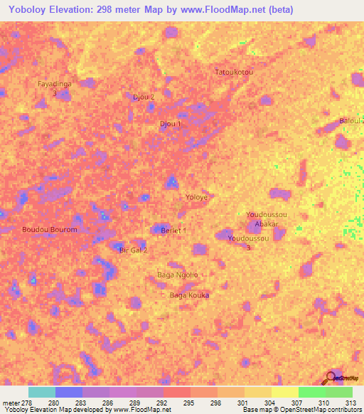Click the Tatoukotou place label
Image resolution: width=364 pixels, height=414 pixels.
234,73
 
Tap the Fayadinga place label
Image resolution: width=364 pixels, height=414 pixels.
54,84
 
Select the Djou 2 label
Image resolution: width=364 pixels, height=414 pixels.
144,97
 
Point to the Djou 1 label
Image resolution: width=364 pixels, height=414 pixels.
171,124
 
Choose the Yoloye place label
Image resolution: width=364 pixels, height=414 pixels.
196,197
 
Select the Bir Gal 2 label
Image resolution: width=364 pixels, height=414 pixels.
133,250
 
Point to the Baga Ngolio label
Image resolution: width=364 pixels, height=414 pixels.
177,275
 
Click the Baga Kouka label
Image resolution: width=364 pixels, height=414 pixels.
190,294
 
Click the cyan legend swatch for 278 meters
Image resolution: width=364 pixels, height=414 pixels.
41,392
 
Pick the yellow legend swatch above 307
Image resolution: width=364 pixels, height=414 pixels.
284,392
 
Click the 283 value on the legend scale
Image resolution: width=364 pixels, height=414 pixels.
82,403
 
